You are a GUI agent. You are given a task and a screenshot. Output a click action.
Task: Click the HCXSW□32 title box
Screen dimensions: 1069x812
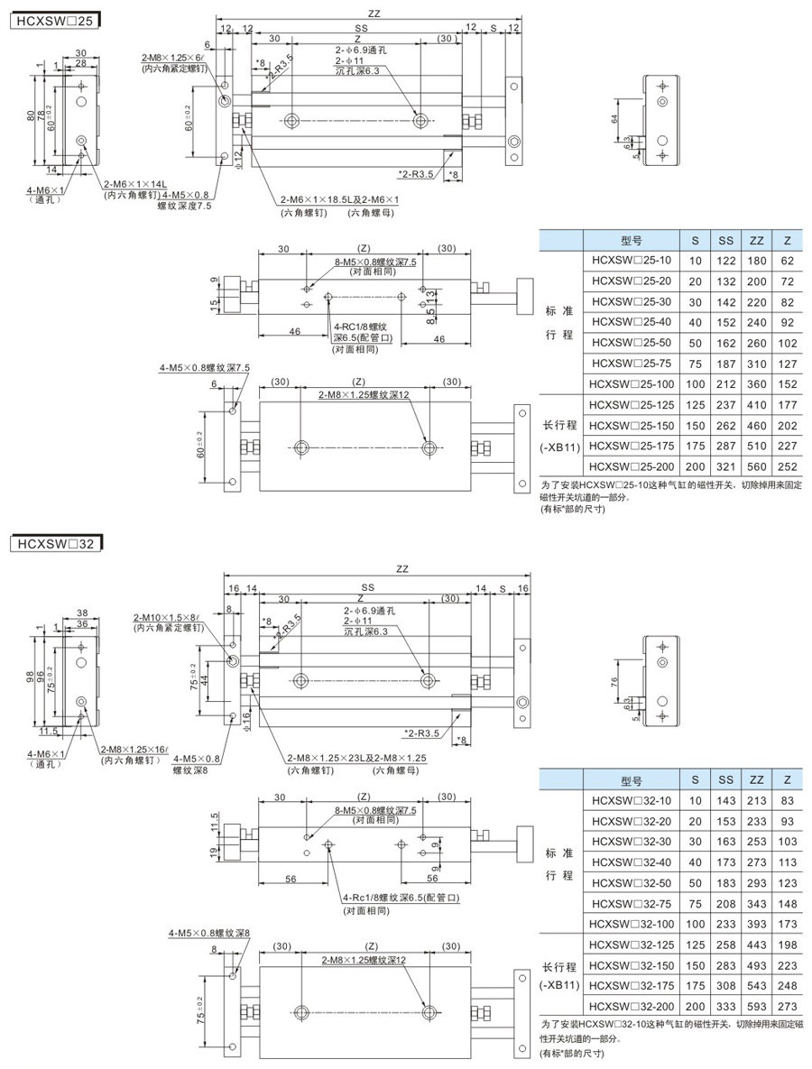(53, 543)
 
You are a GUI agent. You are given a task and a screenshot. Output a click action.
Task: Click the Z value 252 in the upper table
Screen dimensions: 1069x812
(788, 465)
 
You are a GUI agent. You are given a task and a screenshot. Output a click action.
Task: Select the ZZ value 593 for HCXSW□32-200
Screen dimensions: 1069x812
(756, 1006)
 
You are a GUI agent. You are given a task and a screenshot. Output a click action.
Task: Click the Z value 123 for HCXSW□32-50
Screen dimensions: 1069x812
(788, 882)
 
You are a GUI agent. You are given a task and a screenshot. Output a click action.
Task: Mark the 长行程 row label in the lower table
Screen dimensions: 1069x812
(559, 965)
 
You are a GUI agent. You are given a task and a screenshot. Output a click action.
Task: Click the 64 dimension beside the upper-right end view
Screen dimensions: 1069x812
(615, 119)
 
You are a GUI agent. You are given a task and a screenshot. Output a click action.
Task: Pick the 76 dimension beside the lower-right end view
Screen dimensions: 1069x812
(614, 681)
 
